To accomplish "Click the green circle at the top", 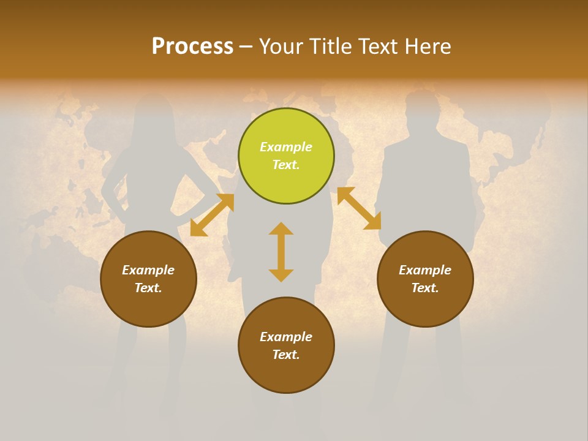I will (x=286, y=156).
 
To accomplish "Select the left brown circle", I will (x=148, y=279).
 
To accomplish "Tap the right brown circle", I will (x=425, y=279).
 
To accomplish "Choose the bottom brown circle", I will (x=286, y=345).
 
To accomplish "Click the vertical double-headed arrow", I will (x=281, y=252).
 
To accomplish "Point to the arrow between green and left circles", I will (x=212, y=215).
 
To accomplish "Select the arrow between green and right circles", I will (x=359, y=208).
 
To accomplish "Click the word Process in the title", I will (x=192, y=46).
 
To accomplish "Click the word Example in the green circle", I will (x=286, y=147).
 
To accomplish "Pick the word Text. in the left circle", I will (x=148, y=288).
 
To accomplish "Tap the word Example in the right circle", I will (x=425, y=270).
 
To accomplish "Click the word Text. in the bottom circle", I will (x=286, y=355).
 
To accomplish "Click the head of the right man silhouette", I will (x=421, y=107).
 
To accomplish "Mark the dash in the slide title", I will (x=246, y=47).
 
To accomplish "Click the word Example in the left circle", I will (x=148, y=270).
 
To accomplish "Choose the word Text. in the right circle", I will (x=425, y=288).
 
